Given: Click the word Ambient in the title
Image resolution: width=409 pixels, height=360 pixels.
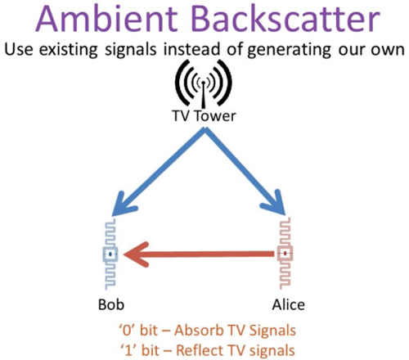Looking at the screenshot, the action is (x=106, y=18).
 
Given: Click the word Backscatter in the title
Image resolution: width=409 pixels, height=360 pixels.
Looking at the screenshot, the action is (x=285, y=18).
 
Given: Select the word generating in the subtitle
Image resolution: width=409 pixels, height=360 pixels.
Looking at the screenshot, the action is (x=290, y=51).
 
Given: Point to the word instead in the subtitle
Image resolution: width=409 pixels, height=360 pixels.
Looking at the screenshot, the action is (x=192, y=49).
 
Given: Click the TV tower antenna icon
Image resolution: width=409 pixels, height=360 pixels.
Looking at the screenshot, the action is (x=204, y=83).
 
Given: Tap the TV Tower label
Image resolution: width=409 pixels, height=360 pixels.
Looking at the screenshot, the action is (x=204, y=116).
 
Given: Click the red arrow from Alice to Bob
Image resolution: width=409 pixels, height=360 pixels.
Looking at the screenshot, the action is (x=199, y=254).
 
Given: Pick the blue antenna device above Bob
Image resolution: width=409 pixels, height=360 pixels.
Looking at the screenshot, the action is (x=110, y=254).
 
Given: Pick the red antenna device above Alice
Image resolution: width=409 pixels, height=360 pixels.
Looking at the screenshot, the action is (x=285, y=253).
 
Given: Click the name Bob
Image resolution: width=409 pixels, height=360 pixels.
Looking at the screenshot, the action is (x=111, y=304).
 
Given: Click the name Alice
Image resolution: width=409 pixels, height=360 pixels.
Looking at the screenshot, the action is (x=288, y=304).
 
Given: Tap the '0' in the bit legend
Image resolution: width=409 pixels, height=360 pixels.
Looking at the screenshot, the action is (x=128, y=330).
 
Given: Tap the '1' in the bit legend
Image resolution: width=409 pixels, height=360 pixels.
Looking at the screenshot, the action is (x=128, y=350).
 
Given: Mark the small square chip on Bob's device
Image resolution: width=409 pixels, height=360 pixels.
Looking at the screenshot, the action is (x=110, y=254).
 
